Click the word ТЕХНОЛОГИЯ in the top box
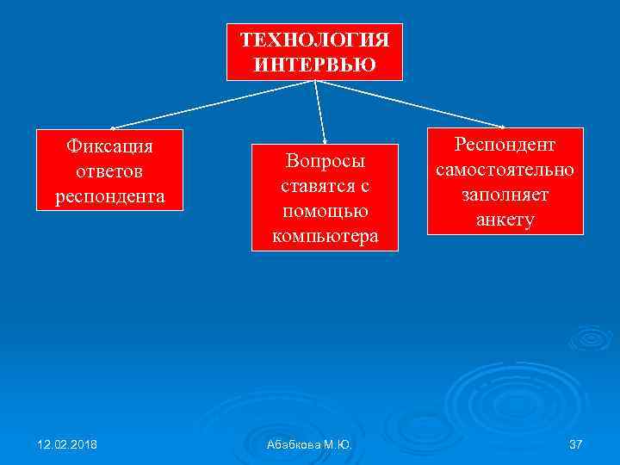pos(314,40)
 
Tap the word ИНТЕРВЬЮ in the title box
pos(314,64)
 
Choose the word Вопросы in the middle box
pos(325,161)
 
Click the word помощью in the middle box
pos(325,211)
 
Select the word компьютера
pos(325,235)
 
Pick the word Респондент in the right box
pos(506,144)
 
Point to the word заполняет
pos(506,195)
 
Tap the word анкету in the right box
pos(506,220)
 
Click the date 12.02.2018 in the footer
pos(67,444)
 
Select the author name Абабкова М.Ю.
pos(310,444)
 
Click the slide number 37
pos(576,444)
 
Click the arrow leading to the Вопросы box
pos(320,112)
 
